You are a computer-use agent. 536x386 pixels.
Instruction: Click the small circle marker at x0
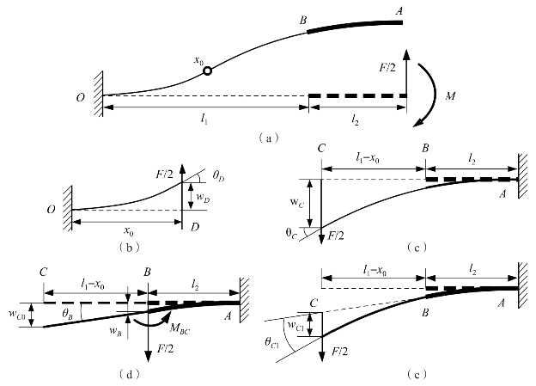pos(208,71)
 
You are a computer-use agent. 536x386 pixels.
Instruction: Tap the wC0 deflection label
pos(15,315)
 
